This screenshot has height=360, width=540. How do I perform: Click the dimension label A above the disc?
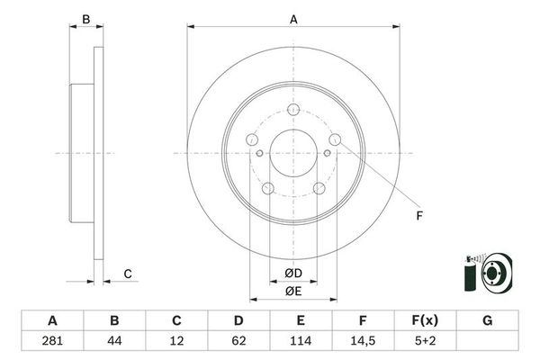coord(293,18)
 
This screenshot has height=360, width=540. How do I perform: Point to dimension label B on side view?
coord(85,19)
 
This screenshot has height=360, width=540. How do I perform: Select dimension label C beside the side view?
coord(128,274)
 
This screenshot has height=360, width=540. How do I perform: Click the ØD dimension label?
coord(293,274)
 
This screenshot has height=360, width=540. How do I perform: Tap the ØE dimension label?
coord(293,290)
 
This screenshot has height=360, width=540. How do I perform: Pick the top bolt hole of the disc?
coord(293,110)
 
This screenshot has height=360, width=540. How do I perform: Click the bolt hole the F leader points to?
coord(335,139)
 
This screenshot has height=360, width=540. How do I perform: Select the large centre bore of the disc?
coord(293,153)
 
